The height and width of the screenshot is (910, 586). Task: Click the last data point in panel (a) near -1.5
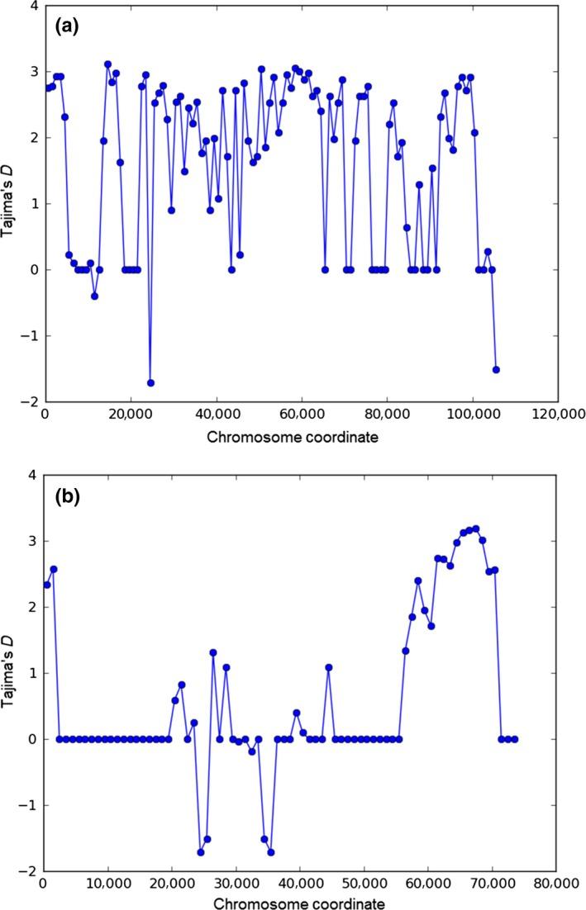click(496, 369)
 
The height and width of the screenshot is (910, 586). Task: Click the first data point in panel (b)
click(47, 585)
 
